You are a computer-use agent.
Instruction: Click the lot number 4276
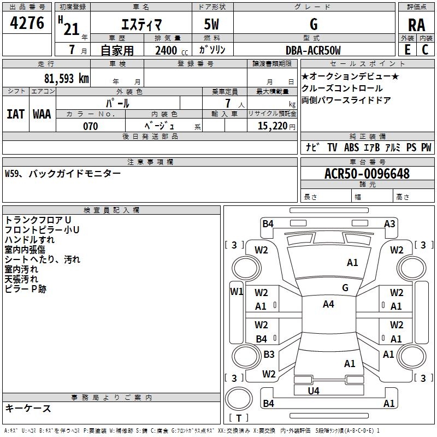(x=27, y=23)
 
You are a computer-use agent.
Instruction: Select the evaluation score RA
(x=416, y=25)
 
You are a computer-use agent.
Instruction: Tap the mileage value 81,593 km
(x=67, y=79)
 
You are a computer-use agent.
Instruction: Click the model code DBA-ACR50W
(x=313, y=50)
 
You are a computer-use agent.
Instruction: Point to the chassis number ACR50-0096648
(x=367, y=174)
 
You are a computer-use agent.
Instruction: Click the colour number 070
(x=91, y=126)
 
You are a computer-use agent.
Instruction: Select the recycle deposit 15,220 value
(x=273, y=126)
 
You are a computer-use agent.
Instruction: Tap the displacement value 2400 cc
(x=172, y=51)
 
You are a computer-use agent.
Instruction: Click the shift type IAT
(x=15, y=114)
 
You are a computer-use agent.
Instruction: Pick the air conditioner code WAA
(x=42, y=114)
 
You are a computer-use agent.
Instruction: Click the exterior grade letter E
(x=408, y=50)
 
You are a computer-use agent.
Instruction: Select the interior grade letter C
(x=425, y=50)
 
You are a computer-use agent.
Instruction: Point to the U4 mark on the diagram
(x=314, y=391)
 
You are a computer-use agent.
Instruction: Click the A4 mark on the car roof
(x=328, y=304)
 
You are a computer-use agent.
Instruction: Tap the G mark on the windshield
(x=345, y=288)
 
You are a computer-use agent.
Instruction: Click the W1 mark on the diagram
(x=237, y=292)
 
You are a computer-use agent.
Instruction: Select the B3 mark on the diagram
(x=269, y=354)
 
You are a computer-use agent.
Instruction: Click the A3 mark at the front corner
(x=389, y=224)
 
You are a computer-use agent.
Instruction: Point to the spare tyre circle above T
(x=239, y=399)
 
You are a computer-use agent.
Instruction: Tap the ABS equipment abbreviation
(x=351, y=147)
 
